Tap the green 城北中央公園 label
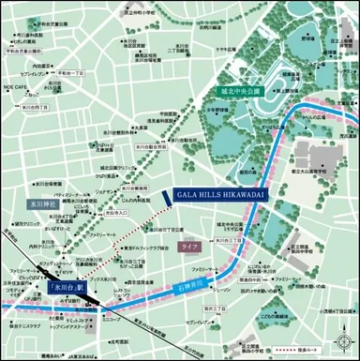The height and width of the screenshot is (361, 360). pos(239,92)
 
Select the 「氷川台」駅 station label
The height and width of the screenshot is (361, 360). pos(67,288)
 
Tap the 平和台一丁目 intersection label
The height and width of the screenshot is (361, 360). pos(67,71)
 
